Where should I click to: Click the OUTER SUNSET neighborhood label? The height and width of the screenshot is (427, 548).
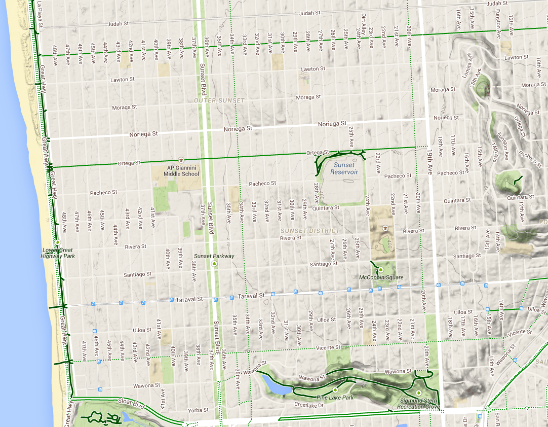(x=219, y=100)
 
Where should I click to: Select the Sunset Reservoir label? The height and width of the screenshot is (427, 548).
(x=344, y=168)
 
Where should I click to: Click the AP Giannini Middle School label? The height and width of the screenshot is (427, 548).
(x=181, y=171)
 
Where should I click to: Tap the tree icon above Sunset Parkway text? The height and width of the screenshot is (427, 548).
(x=214, y=264)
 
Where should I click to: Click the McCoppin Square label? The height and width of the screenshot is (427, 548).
(x=381, y=277)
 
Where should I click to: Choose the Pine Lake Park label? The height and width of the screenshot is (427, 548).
(x=335, y=397)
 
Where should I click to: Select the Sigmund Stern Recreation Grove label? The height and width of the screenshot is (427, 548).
(x=418, y=403)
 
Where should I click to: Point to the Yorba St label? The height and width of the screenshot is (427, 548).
(x=198, y=410)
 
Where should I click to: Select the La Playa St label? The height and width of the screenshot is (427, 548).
(x=40, y=14)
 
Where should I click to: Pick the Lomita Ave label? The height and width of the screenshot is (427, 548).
(x=474, y=65)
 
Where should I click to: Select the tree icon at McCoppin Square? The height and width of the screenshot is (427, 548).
(x=381, y=270)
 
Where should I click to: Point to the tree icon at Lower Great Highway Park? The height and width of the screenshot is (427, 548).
(x=58, y=243)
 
